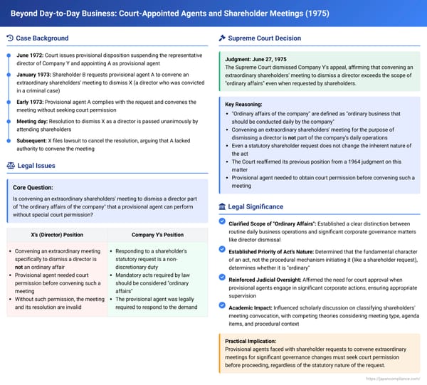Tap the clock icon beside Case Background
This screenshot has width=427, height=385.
coord(10,38)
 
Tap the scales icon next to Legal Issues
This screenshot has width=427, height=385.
coord(10,166)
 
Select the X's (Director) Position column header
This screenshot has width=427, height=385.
coord(56,235)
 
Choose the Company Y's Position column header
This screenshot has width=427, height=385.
coord(157,235)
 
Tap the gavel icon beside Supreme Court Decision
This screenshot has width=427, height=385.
coord(222,38)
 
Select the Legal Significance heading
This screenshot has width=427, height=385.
coord(255,206)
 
